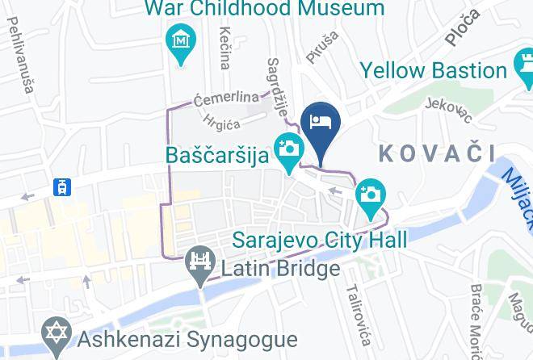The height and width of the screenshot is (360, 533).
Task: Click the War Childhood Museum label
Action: [x=264, y=10]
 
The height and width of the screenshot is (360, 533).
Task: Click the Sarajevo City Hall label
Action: [x=320, y=240]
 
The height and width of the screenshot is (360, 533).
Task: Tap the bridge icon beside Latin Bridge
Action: [x=199, y=262]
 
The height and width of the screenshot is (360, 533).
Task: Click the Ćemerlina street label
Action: [x=227, y=98]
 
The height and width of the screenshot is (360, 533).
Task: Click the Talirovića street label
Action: [x=357, y=310]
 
